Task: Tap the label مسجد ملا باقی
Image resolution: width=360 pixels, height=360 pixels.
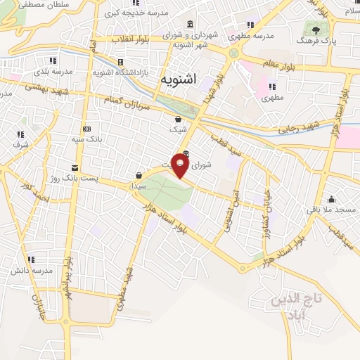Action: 330,210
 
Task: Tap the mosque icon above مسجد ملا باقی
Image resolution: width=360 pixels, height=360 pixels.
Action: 331,199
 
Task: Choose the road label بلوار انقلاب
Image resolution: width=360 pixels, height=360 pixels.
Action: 138,40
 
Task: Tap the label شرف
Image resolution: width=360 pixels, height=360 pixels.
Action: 19,145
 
